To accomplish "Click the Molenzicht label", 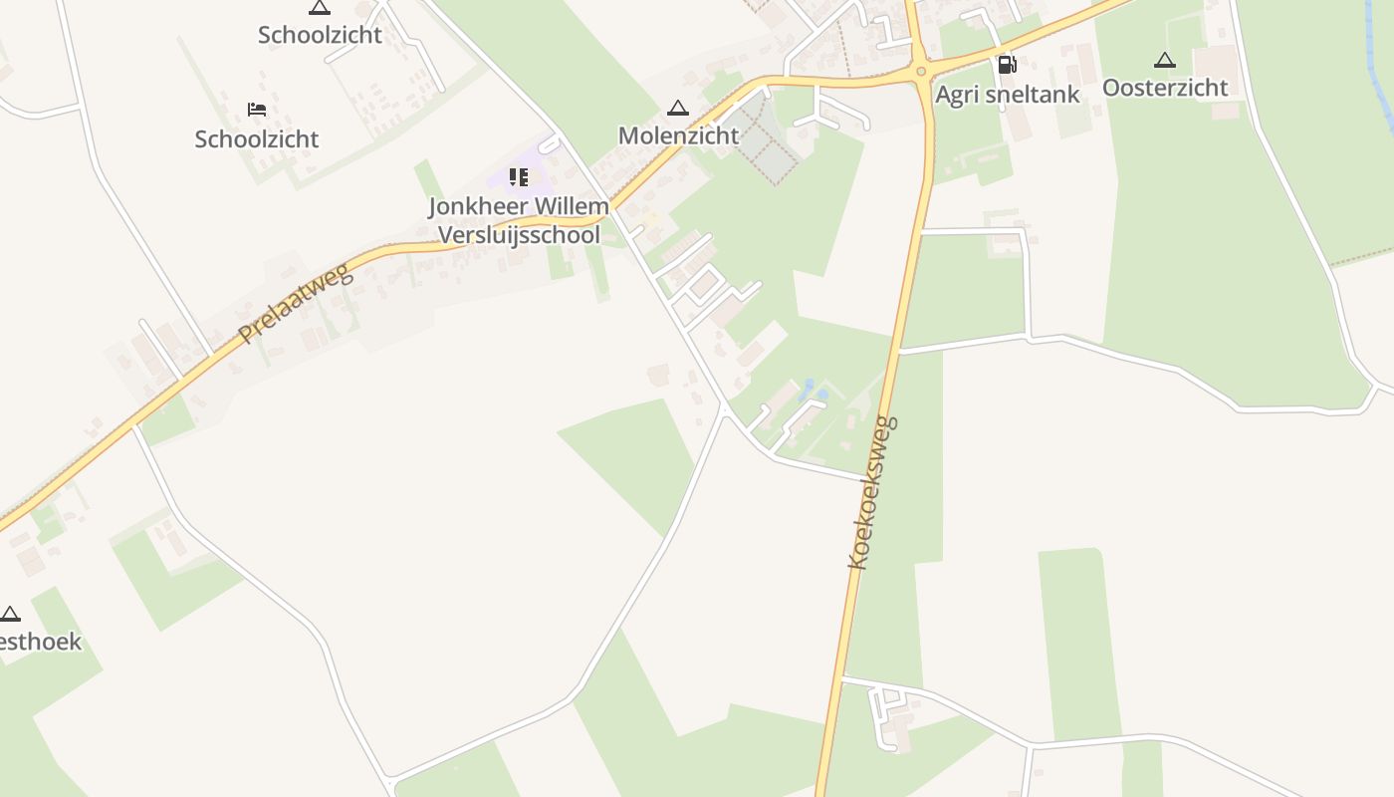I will point(678,134).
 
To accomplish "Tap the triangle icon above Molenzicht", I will point(678,108).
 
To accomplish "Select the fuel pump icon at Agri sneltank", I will point(1007,65).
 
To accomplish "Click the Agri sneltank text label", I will point(1008,95).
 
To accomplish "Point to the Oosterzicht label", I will point(1165,88).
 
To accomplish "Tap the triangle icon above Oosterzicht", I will point(1165,60).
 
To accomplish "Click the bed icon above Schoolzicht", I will point(257,109).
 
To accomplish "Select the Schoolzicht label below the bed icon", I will point(257,138).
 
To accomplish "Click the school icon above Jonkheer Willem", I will point(518,177).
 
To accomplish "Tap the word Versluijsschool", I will point(520,235).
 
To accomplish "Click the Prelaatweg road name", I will point(296,301).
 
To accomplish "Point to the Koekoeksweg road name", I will point(873,492).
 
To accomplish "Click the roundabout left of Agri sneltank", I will point(921,71).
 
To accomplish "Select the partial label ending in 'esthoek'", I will point(40,641).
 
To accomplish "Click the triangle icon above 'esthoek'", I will point(10,613).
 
